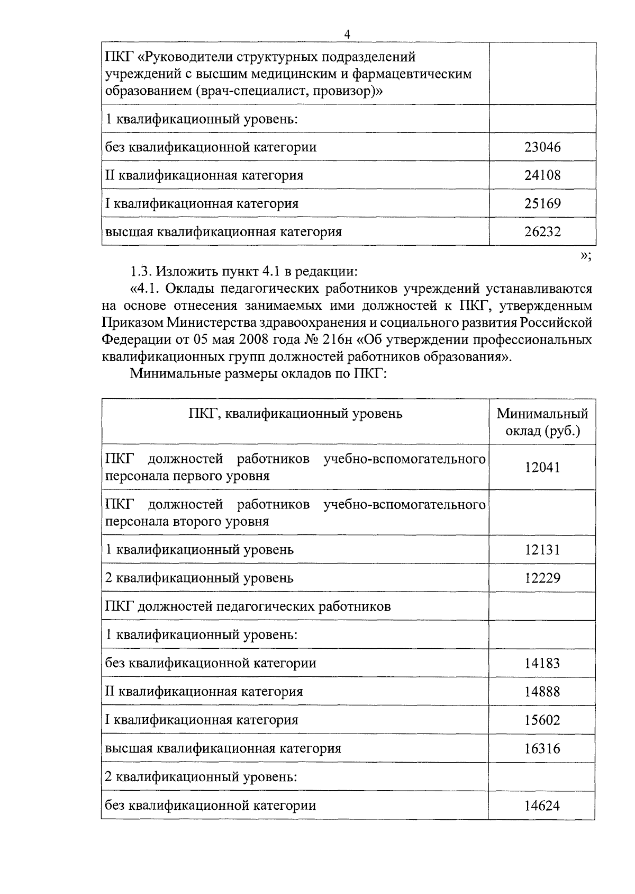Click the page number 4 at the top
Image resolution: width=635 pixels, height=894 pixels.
[347, 35]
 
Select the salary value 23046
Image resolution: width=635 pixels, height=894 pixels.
[542, 147]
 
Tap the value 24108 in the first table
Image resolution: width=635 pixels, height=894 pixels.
[542, 175]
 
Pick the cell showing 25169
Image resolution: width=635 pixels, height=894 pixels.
[542, 203]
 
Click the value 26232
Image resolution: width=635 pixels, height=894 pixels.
[542, 231]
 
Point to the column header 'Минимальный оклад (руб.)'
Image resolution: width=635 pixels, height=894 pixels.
[542, 422]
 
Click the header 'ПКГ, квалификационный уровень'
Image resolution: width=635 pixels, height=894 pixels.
[295, 414]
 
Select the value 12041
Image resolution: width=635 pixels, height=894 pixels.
[542, 467]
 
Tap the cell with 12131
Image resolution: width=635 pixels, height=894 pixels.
[542, 550]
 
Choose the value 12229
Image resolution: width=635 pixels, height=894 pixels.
[542, 578]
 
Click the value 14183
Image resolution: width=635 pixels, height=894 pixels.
[542, 663]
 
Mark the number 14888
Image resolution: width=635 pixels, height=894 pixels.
[542, 692]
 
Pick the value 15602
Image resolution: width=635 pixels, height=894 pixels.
[542, 720]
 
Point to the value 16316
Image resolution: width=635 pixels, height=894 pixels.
[542, 749]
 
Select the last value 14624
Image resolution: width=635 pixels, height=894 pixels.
[542, 806]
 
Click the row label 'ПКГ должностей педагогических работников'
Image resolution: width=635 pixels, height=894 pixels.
[248, 606]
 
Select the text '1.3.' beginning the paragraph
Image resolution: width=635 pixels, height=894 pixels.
[141, 272]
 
